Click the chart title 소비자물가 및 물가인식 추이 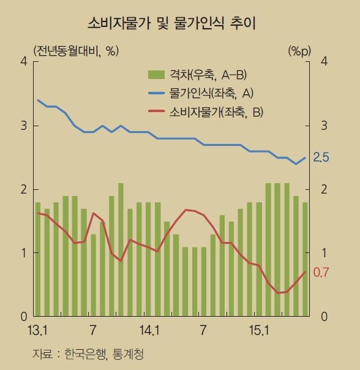click(172, 24)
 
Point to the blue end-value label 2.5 click(321, 157)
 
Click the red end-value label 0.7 click(321, 272)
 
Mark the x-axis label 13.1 click(37, 331)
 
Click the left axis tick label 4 click(23, 62)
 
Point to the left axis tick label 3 click(23, 126)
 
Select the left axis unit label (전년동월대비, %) click(75, 50)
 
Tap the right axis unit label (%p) click(299, 50)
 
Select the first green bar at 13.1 click(38, 259)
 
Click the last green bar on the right click(305, 259)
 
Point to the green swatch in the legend click(156, 75)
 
